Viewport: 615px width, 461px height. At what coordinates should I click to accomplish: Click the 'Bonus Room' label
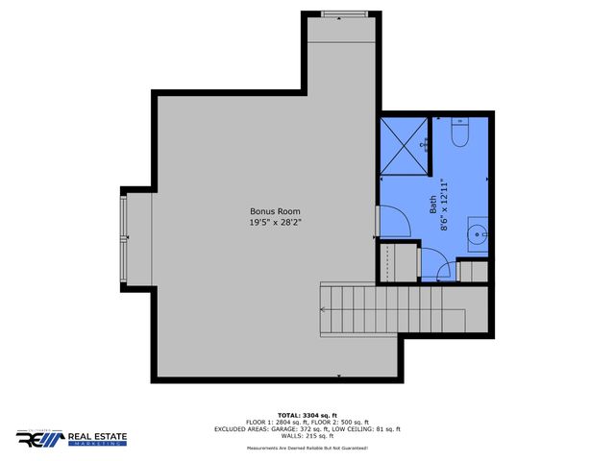276,211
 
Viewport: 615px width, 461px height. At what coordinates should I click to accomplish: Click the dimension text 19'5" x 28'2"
276,223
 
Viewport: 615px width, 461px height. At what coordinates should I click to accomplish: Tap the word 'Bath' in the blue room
432,204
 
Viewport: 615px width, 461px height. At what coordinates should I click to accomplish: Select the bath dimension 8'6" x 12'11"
445,204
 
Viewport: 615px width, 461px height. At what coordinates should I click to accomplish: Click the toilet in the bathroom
458,135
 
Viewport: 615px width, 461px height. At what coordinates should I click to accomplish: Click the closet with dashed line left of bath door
397,261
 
